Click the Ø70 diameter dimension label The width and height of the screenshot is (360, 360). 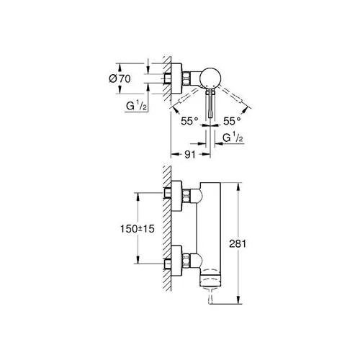[x=120, y=78]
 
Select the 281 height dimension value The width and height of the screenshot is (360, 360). [x=238, y=244]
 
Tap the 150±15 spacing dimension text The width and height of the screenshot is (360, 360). [x=138, y=229]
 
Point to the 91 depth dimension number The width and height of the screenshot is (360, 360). [x=190, y=155]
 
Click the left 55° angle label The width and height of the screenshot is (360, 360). [x=189, y=121]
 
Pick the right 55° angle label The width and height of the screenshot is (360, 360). [x=232, y=121]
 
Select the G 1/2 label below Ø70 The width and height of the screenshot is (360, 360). [x=136, y=106]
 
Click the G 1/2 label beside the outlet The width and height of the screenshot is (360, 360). [x=233, y=138]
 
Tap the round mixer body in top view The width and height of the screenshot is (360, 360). [x=210, y=78]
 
